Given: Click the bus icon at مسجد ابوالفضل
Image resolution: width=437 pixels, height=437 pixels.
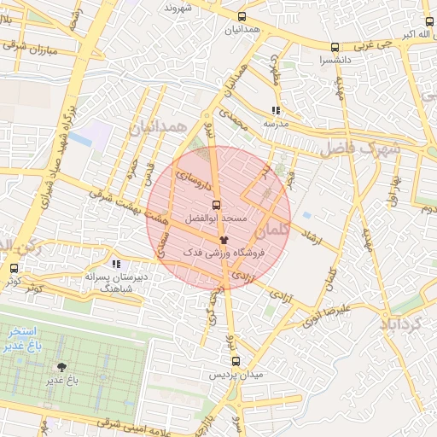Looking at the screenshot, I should tap(215, 205).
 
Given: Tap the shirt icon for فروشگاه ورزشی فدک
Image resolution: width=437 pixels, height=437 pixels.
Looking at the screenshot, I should tap(224, 241).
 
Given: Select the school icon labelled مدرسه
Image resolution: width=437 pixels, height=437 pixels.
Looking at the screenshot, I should tap(275, 111).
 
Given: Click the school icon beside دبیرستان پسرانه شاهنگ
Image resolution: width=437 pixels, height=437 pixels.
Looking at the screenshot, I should tap(116, 265).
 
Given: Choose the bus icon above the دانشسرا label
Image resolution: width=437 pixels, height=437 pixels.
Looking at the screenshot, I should tap(334, 48).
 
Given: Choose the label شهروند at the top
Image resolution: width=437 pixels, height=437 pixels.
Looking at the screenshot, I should tap(180, 8).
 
